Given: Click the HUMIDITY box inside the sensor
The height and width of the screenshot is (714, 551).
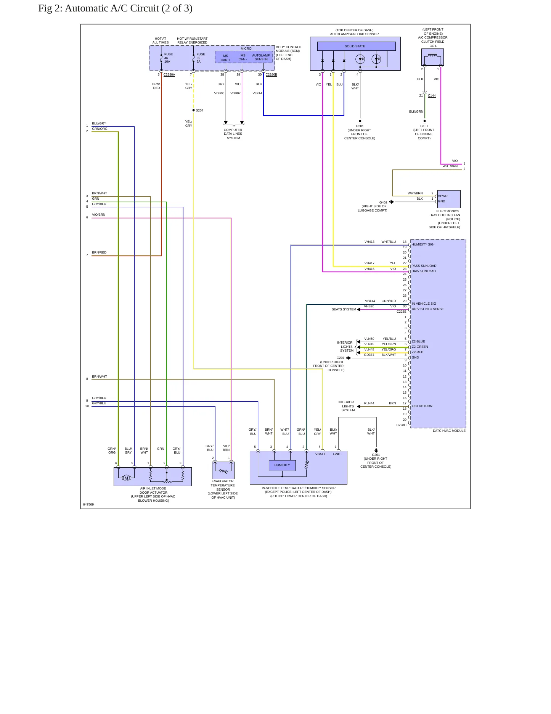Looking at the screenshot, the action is pyautogui.click(x=282, y=465).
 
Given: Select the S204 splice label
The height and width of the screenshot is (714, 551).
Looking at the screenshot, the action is pyautogui.click(x=199, y=110).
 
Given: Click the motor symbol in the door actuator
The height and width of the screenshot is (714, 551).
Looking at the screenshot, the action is pyautogui.click(x=127, y=478).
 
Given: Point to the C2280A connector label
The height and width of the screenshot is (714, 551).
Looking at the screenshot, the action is pyautogui.click(x=169, y=74).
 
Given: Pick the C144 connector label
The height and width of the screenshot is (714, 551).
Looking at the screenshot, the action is pyautogui.click(x=432, y=95).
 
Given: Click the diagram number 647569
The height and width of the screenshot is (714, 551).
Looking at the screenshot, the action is pyautogui.click(x=88, y=504).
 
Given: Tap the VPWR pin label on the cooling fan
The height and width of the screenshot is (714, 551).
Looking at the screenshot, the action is pyautogui.click(x=443, y=196).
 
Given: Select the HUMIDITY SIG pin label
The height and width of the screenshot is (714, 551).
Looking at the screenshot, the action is pyautogui.click(x=422, y=244).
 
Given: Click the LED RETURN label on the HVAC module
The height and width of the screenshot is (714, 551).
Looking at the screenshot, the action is pyautogui.click(x=422, y=406).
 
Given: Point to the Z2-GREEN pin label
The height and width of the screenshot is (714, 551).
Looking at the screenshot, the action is pyautogui.click(x=420, y=347).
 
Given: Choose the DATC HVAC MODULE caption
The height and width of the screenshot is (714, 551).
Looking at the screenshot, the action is pyautogui.click(x=449, y=431).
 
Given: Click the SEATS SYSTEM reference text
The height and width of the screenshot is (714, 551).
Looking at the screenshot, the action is pyautogui.click(x=344, y=309).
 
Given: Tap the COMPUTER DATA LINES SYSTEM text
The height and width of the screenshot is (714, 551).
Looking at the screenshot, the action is pyautogui.click(x=233, y=134).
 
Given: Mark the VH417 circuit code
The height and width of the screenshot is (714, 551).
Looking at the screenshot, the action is pyautogui.click(x=369, y=263).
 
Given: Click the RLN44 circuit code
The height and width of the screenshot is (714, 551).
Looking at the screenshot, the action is pyautogui.click(x=369, y=403).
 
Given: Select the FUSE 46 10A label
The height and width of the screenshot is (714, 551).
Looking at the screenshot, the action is pyautogui.click(x=168, y=58).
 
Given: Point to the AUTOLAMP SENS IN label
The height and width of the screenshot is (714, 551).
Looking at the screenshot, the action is pyautogui.click(x=261, y=57).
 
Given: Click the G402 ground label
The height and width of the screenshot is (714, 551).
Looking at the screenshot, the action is pyautogui.click(x=383, y=202).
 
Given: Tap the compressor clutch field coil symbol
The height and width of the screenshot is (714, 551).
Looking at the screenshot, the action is pyautogui.click(x=432, y=57).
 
